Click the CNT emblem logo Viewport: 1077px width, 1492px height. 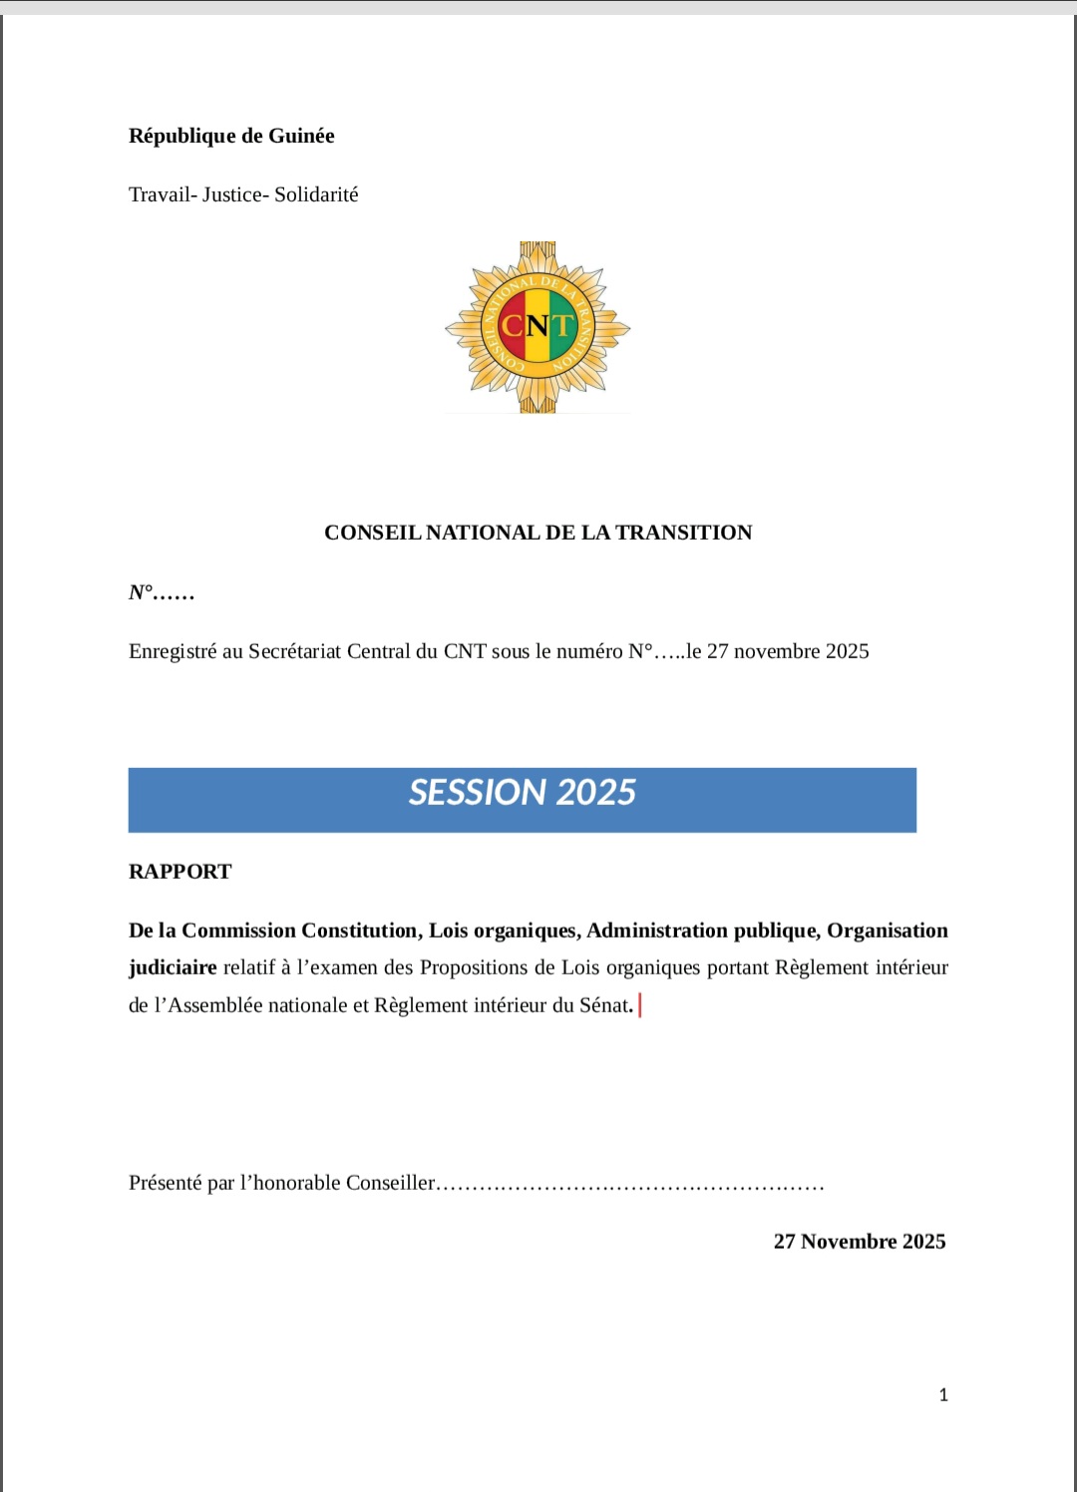point(538,327)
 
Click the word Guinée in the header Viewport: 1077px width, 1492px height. point(301,136)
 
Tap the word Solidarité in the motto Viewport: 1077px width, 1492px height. point(316,194)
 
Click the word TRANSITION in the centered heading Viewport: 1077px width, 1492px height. point(683,533)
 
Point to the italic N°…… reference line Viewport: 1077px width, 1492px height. point(162,592)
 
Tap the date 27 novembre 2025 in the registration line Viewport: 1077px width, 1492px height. point(788,651)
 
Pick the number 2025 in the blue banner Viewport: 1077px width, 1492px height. point(596,793)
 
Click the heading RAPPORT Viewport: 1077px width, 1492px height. point(180,872)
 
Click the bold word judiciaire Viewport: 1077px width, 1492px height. point(173,967)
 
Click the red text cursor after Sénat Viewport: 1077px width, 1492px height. point(639,1005)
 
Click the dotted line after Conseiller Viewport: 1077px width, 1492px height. point(630,1185)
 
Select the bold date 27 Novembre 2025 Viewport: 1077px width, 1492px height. point(860,1242)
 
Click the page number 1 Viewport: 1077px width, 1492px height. point(943,1395)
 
